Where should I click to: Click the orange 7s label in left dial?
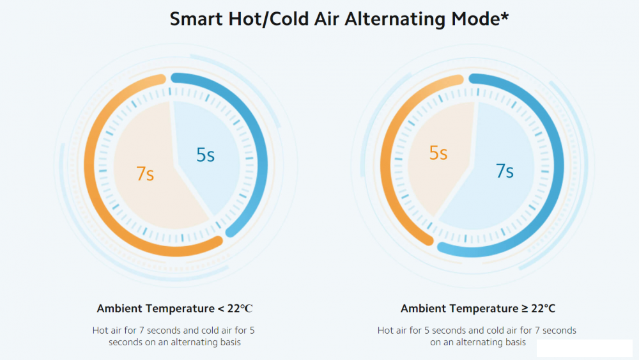(x=146, y=174)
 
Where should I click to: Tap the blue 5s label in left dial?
(x=205, y=155)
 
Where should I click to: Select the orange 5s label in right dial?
(x=438, y=153)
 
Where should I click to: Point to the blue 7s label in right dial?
(x=505, y=171)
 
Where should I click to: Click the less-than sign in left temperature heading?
(x=221, y=309)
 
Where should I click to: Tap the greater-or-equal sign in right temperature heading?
(x=525, y=309)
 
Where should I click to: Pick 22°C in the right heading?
(x=543, y=309)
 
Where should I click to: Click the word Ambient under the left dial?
(x=120, y=309)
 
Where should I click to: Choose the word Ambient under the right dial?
(x=424, y=309)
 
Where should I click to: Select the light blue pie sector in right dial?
(x=492, y=198)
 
